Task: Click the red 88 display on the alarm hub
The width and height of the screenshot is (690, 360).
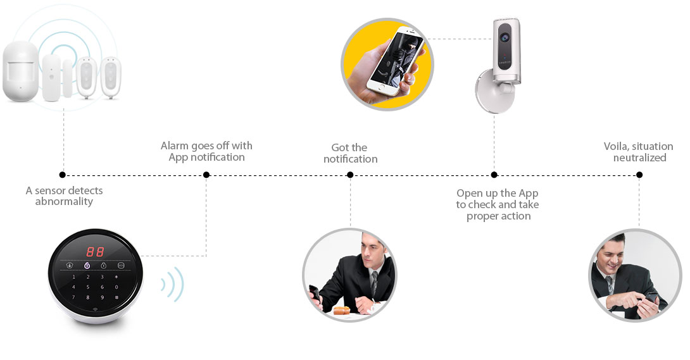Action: click(x=95, y=251)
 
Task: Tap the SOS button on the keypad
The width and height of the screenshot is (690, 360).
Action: click(x=120, y=266)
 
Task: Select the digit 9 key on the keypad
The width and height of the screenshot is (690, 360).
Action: click(x=102, y=297)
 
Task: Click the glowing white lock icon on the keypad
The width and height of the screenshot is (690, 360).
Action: click(x=87, y=266)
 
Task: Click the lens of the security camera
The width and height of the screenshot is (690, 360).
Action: click(x=505, y=37)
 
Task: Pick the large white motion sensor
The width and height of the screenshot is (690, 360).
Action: click(x=20, y=71)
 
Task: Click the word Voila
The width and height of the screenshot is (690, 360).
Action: click(x=615, y=146)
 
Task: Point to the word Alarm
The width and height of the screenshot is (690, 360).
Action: click(x=175, y=146)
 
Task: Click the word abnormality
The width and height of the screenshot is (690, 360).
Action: click(x=64, y=202)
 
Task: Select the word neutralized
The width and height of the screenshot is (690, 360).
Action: click(x=640, y=158)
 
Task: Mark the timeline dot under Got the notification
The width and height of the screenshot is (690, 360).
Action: click(x=350, y=175)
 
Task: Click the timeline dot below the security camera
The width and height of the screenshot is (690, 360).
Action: click(x=494, y=175)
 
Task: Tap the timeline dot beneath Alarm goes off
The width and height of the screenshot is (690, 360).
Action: click(x=206, y=175)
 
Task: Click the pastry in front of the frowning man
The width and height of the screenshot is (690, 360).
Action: click(x=341, y=310)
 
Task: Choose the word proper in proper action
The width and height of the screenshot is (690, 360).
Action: click(x=481, y=217)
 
